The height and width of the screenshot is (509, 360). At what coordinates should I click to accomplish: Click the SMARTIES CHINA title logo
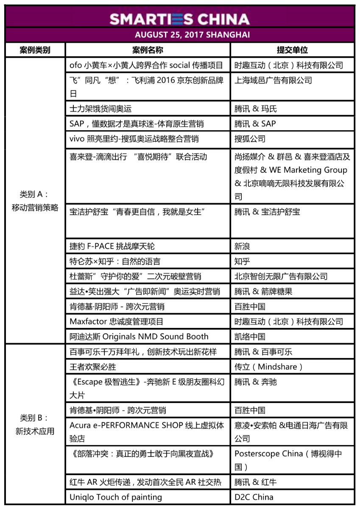(x=180, y=19)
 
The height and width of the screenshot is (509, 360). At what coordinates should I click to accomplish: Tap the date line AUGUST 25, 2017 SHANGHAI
(x=180, y=35)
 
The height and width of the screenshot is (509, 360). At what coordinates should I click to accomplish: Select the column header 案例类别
(x=35, y=50)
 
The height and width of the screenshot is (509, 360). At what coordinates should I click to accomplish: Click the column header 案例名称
(x=148, y=50)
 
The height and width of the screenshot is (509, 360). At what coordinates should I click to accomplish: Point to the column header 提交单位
(x=292, y=50)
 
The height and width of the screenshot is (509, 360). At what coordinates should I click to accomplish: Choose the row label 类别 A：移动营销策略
(x=35, y=201)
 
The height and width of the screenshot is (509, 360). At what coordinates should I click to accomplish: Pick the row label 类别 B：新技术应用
(x=35, y=424)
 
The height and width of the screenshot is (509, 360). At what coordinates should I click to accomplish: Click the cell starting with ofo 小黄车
(x=146, y=65)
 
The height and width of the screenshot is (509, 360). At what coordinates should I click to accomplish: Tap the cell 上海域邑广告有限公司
(x=273, y=81)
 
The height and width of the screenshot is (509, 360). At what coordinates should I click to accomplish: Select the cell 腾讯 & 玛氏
(x=256, y=109)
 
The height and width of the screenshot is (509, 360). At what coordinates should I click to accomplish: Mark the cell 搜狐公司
(x=250, y=139)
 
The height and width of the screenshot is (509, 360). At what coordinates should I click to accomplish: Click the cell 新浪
(x=243, y=246)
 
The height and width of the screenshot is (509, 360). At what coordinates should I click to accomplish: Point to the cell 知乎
(x=243, y=261)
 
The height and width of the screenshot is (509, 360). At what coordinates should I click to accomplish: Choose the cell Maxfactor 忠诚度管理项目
(x=117, y=322)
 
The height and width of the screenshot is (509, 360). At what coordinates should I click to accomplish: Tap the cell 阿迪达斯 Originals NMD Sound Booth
(x=139, y=337)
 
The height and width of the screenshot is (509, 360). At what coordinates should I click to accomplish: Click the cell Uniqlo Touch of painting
(x=116, y=497)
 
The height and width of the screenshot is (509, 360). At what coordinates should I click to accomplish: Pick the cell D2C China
(x=254, y=497)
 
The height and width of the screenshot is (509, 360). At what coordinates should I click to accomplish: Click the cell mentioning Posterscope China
(x=288, y=460)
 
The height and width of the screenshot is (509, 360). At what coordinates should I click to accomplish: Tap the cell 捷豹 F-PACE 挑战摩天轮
(x=115, y=246)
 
